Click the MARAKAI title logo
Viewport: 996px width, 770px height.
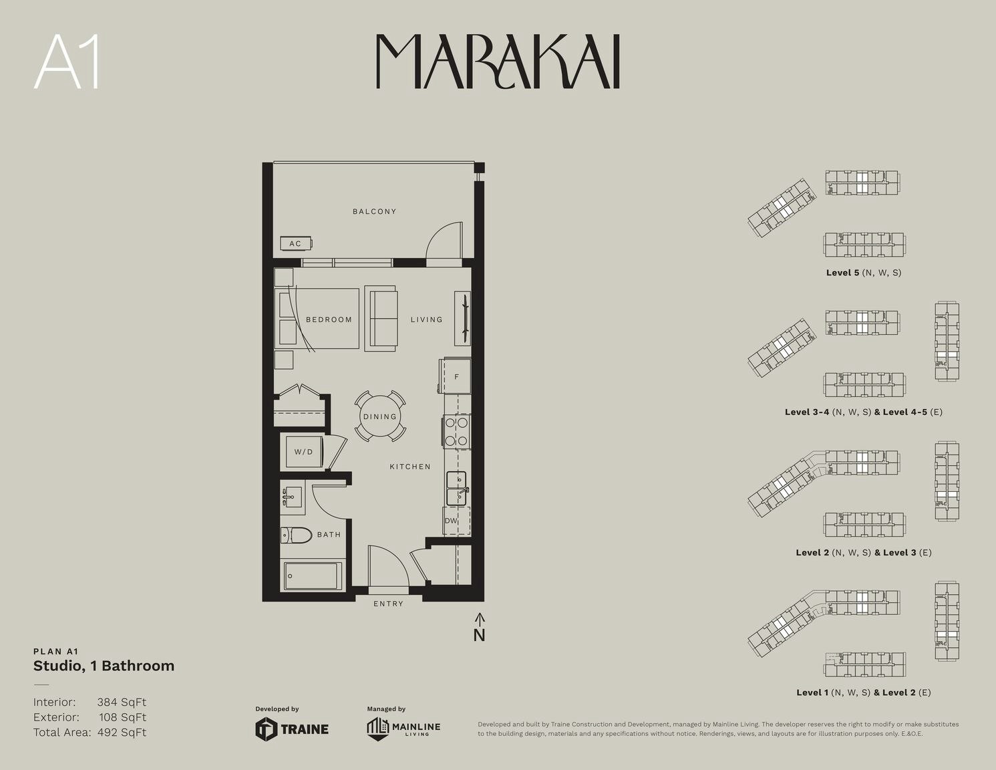[x=498, y=61]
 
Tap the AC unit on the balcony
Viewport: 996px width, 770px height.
[x=296, y=243]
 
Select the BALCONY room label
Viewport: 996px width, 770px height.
[x=375, y=211]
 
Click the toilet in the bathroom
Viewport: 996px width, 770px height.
[x=296, y=535]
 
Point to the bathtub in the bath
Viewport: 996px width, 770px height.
[x=313, y=576]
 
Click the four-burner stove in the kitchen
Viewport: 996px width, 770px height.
[x=456, y=432]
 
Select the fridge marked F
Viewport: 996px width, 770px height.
[x=455, y=376]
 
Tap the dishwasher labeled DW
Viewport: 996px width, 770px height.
[x=456, y=521]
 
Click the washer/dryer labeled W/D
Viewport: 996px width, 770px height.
[x=303, y=452]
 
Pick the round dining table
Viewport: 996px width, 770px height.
[x=380, y=416]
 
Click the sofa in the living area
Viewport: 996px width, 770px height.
[x=381, y=319]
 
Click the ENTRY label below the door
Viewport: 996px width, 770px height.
[x=388, y=604]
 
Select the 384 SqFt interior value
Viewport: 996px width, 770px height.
[x=122, y=702]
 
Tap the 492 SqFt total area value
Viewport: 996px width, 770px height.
[x=122, y=733]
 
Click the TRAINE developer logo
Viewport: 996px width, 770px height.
[x=292, y=729]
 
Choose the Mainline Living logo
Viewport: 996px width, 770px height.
[x=403, y=729]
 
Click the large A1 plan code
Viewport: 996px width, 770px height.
[x=67, y=62]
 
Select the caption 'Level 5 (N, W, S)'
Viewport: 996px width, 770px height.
[x=864, y=273]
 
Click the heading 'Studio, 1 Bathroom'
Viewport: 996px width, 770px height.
[x=104, y=666]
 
